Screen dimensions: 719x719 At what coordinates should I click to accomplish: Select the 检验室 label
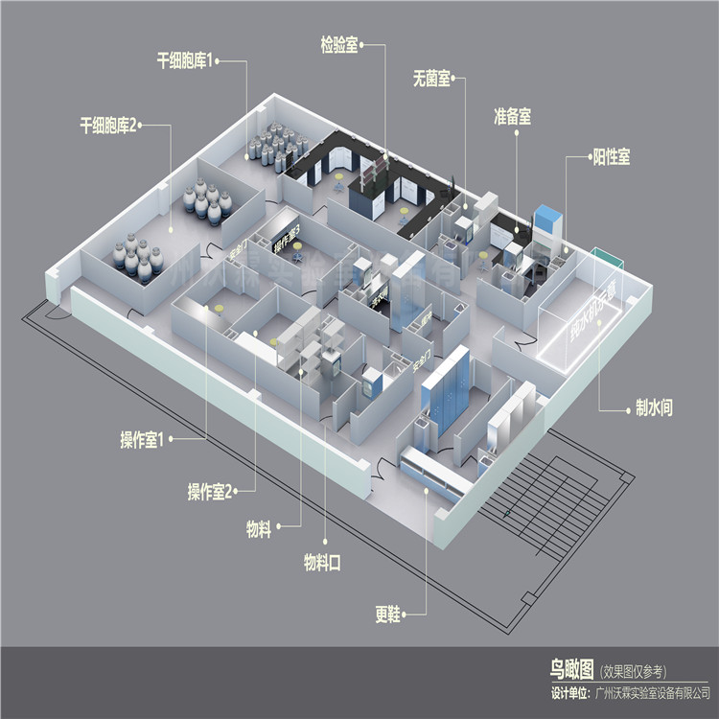point(339,44)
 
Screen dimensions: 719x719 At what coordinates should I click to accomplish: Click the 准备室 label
point(512,116)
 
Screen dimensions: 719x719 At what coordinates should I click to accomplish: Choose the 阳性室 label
point(611,156)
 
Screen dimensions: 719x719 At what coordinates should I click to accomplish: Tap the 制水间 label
point(653,408)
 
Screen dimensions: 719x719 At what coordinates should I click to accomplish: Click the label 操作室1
point(145,440)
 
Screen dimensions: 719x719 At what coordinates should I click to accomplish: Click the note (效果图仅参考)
point(633,670)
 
